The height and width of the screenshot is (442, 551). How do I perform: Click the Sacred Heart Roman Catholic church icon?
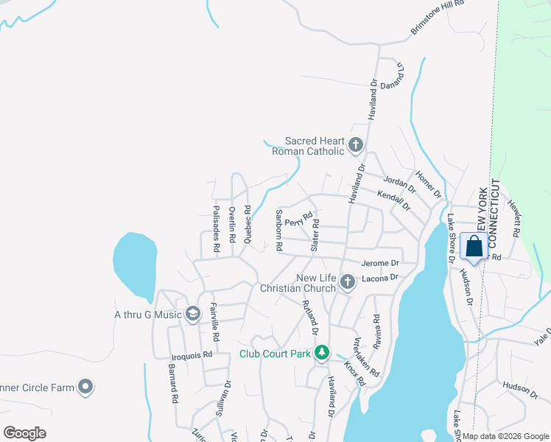point(356,144)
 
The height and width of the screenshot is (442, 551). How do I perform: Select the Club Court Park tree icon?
point(321,354)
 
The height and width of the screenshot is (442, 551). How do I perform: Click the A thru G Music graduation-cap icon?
point(193,315)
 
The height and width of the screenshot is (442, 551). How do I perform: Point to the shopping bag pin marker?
point(474,247)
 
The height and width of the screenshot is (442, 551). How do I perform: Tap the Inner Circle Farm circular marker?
point(86,387)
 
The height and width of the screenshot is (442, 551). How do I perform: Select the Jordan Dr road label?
point(400,183)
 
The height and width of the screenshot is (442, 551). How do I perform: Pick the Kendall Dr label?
point(393,200)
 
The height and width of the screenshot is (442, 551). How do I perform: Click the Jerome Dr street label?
point(380,263)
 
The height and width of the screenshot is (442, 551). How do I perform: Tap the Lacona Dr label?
point(379,278)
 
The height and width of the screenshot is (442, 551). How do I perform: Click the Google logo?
point(24,433)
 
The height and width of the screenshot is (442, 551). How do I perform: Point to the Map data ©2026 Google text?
point(505,436)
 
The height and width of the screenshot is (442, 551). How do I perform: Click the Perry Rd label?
point(295,222)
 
